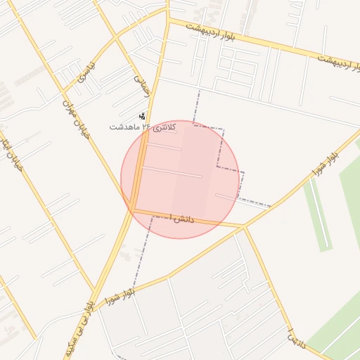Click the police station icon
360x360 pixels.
tap(143, 115)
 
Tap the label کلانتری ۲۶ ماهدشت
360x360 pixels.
tap(142, 127)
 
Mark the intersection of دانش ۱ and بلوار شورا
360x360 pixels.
tap(244, 226)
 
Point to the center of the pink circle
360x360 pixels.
tap(180, 179)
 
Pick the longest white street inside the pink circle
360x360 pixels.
tap(172, 172)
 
